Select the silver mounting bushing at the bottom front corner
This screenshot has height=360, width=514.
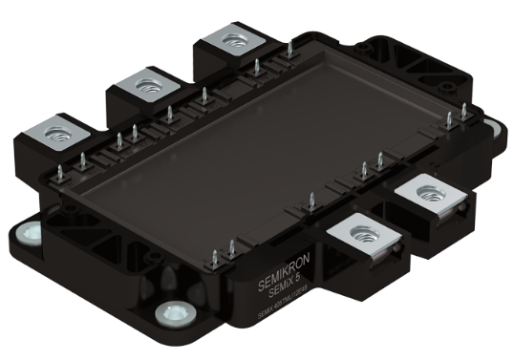(175, 311)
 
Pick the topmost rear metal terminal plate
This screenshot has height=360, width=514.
(230, 40)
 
